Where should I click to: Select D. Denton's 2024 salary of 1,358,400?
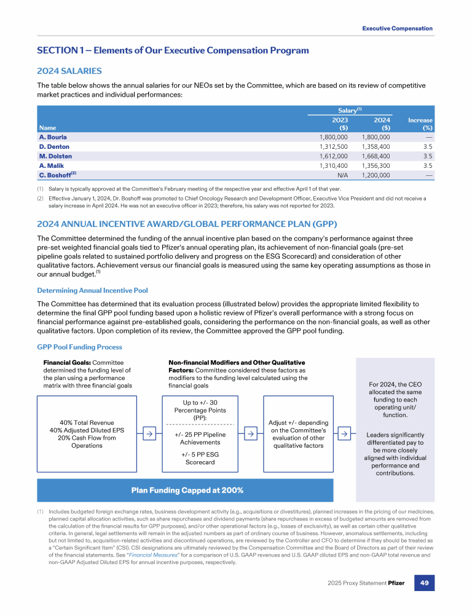376,147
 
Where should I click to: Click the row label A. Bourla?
53,137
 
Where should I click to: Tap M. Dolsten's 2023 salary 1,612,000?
334,156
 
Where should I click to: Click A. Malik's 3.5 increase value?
428,165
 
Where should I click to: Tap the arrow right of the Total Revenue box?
149,434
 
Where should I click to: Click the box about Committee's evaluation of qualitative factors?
299,434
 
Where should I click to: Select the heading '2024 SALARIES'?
69,71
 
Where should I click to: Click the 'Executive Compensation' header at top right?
397,28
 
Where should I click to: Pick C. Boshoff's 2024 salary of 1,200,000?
376,175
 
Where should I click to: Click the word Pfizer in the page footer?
398,599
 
